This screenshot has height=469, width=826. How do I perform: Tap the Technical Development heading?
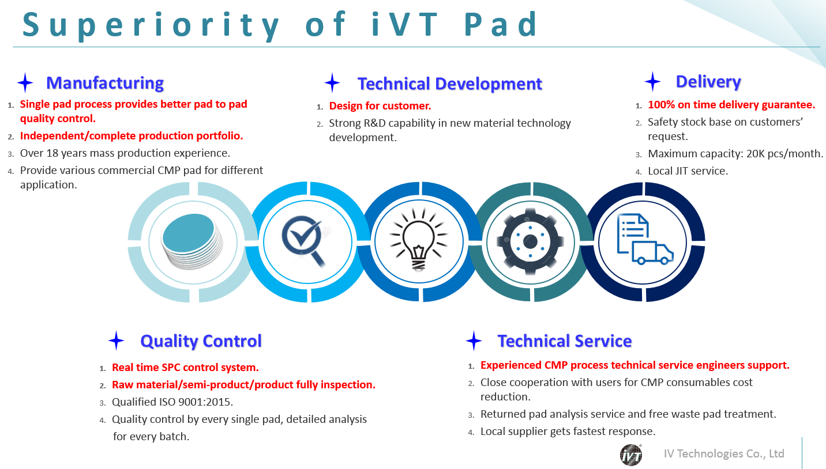pyautogui.click(x=450, y=84)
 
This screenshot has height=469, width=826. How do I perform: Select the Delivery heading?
pyautogui.click(x=708, y=82)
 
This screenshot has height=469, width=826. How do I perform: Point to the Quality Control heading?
pyautogui.click(x=201, y=341)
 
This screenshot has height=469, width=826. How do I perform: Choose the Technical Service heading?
pyautogui.click(x=565, y=341)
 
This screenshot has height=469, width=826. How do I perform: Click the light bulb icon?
pyautogui.click(x=419, y=239)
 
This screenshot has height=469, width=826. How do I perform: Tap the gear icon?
pyautogui.click(x=530, y=241)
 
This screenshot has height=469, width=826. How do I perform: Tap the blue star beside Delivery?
pyautogui.click(x=653, y=81)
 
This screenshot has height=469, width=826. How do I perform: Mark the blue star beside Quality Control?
pyautogui.click(x=116, y=341)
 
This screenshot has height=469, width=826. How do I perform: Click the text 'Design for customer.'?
pyautogui.click(x=380, y=106)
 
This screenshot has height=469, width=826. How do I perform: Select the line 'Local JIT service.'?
pyautogui.click(x=688, y=171)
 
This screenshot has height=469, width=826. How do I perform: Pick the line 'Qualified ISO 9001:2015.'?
pyautogui.click(x=172, y=402)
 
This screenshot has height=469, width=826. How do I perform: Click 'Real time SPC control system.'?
pyautogui.click(x=185, y=368)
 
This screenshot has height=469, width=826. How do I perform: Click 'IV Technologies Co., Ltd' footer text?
pyautogui.click(x=724, y=453)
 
